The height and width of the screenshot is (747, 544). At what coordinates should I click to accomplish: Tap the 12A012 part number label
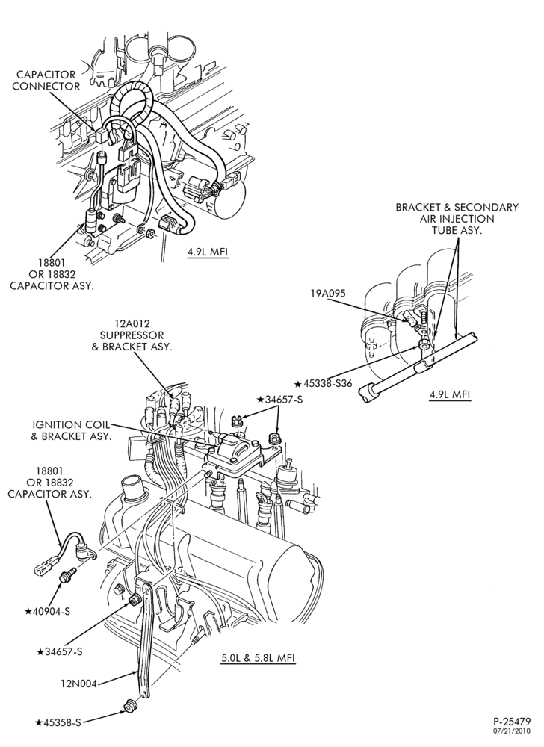132,324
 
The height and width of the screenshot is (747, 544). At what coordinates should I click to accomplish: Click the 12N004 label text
78,684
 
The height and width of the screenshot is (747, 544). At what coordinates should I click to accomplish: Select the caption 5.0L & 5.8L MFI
258,658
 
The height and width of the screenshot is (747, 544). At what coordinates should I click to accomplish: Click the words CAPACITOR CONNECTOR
46,81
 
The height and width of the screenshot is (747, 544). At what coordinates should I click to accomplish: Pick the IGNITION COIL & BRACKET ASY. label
71,430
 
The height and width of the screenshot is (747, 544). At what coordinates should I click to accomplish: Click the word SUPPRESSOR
132,335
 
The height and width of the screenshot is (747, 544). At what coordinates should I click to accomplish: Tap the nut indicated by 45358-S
131,707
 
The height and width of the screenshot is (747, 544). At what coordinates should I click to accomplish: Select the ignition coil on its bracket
236,452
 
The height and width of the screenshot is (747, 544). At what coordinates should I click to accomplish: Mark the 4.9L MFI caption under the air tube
450,394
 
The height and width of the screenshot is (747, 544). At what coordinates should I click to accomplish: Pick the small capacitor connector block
101,135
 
